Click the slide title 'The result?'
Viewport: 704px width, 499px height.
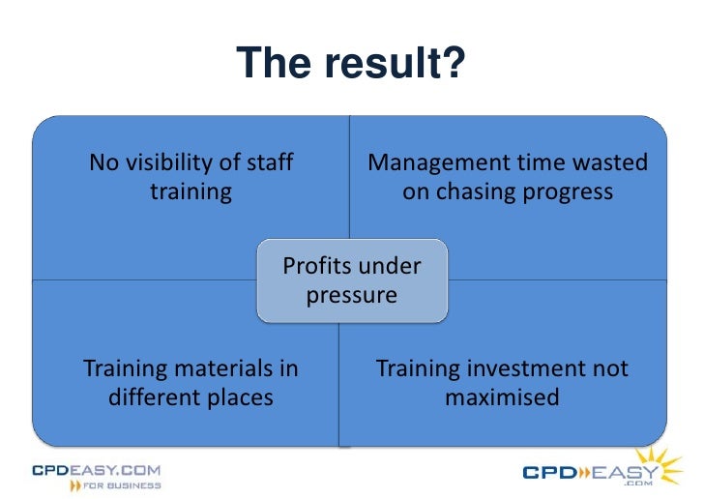(x=352, y=64)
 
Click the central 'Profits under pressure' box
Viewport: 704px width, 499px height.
(x=352, y=280)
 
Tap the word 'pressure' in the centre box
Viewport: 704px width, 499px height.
(x=352, y=295)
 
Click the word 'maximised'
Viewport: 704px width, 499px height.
(x=502, y=397)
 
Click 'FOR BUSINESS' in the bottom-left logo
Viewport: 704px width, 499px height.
(x=122, y=485)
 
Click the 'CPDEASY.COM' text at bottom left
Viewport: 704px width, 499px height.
(x=96, y=470)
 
